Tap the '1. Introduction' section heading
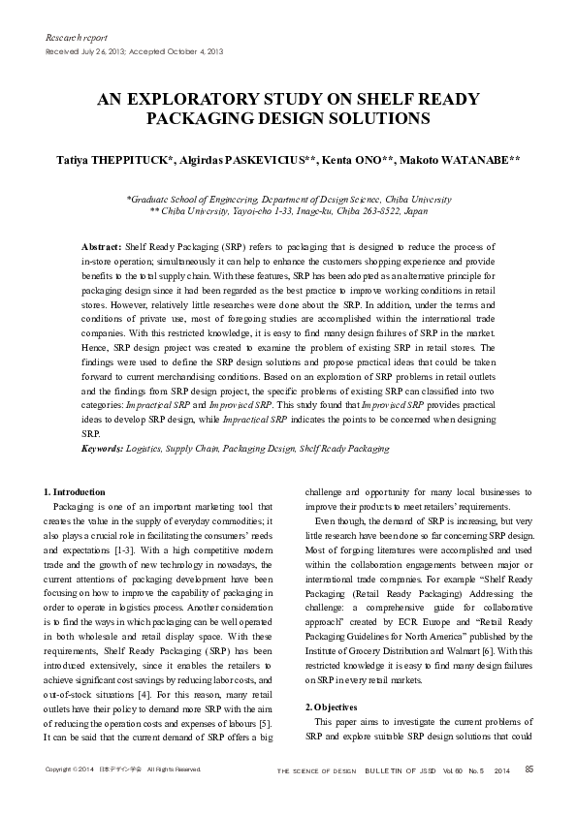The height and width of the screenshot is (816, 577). click(x=77, y=492)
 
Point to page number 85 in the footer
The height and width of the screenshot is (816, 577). click(x=529, y=769)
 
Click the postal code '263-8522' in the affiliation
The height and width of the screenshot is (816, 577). click(x=387, y=208)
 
